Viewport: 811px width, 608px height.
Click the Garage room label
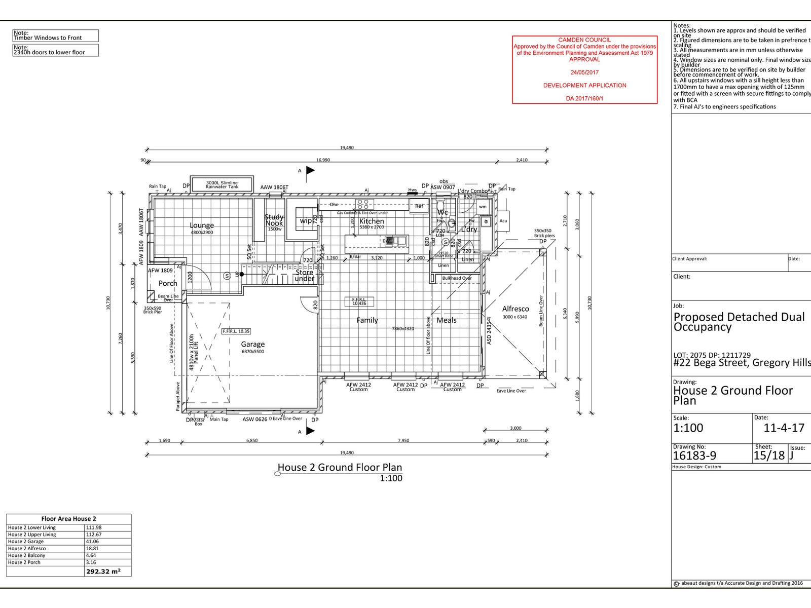[252, 345]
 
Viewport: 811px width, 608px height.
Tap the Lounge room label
[202, 225]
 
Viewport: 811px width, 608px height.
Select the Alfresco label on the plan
[515, 309]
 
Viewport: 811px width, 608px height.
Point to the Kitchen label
[372, 221]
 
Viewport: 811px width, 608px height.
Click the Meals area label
[447, 320]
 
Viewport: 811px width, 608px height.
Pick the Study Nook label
[274, 220]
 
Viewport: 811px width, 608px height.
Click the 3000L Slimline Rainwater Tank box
[222, 185]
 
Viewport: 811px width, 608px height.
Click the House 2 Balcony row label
[27, 555]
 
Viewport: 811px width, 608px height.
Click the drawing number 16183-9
[694, 455]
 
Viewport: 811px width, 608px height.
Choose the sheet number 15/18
[769, 455]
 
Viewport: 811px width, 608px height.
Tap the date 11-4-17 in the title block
[784, 428]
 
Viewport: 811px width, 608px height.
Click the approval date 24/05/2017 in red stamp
[584, 72]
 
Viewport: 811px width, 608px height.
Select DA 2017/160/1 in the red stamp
[584, 99]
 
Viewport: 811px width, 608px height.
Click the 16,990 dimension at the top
[323, 160]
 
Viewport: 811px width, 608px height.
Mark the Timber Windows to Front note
[48, 37]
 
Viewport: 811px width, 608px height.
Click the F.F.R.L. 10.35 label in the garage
[236, 331]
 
